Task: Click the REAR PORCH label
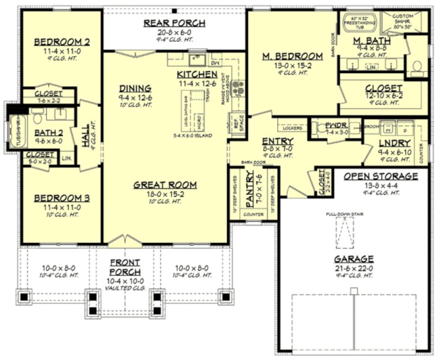(x=174, y=23)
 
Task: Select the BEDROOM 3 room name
(x=61, y=198)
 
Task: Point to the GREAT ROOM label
(x=165, y=185)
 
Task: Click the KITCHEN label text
(x=196, y=74)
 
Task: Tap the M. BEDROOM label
(x=292, y=56)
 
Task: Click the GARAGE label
(x=353, y=259)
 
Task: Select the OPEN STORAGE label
(x=380, y=176)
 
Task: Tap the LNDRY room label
(x=394, y=144)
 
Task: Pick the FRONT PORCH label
(x=125, y=267)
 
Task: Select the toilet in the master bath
(x=417, y=66)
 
